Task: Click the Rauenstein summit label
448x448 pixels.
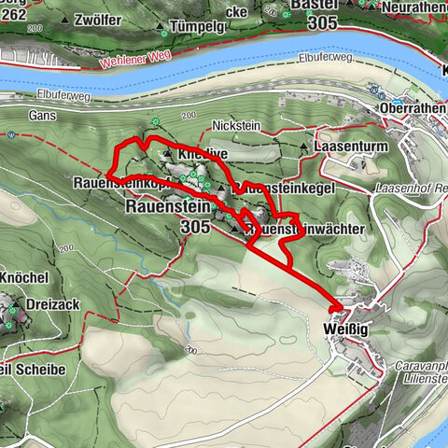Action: [x=168, y=207]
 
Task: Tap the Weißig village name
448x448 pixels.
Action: [x=343, y=329]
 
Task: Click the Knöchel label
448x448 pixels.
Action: [x=25, y=279]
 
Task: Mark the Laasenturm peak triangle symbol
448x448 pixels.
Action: [x=304, y=147]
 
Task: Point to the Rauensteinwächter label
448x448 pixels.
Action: [x=297, y=229]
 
